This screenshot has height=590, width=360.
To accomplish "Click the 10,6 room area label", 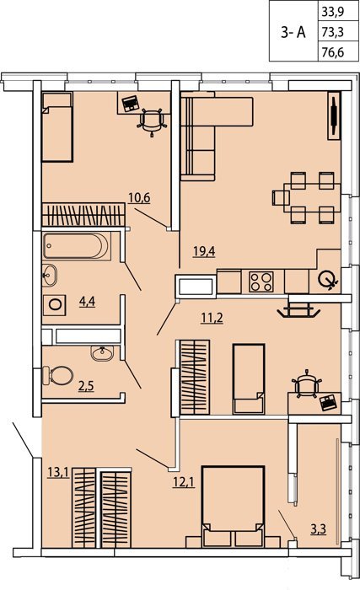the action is (x=139, y=197).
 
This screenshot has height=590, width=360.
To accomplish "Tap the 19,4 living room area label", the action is (x=204, y=250).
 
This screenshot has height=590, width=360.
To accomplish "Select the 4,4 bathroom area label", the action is (x=87, y=301).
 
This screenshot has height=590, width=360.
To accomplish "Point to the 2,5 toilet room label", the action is (x=86, y=386).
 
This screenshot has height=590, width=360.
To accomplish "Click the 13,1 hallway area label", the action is (x=59, y=471).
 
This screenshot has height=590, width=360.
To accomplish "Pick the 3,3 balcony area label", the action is (x=318, y=529).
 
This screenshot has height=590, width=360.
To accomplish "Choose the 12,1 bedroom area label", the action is (x=184, y=481).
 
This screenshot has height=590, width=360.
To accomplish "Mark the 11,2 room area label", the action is (x=212, y=318).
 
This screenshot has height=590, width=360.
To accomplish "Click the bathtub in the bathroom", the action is (x=77, y=246).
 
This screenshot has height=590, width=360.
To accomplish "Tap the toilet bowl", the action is (x=58, y=376).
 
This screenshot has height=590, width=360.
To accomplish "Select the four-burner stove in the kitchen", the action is (x=261, y=282).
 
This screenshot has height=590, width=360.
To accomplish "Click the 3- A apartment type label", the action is (x=293, y=33).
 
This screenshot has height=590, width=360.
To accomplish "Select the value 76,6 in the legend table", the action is (x=332, y=52).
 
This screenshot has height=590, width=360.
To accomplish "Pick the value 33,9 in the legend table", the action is (x=332, y=13).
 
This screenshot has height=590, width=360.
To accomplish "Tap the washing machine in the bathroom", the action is (x=55, y=305).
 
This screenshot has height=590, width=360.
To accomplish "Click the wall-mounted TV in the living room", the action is (x=334, y=115).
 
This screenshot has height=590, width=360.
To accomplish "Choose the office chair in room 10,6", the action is (x=152, y=121).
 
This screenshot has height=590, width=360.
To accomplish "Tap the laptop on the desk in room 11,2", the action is (x=327, y=402).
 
